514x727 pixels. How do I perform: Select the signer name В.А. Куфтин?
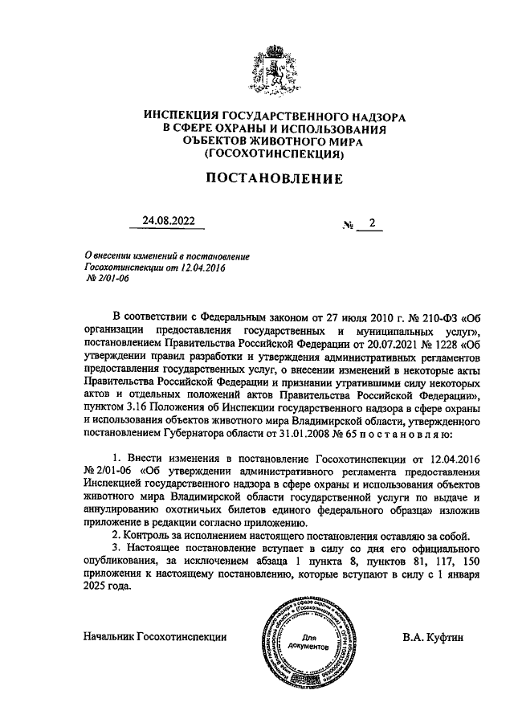pyautogui.click(x=434, y=637)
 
